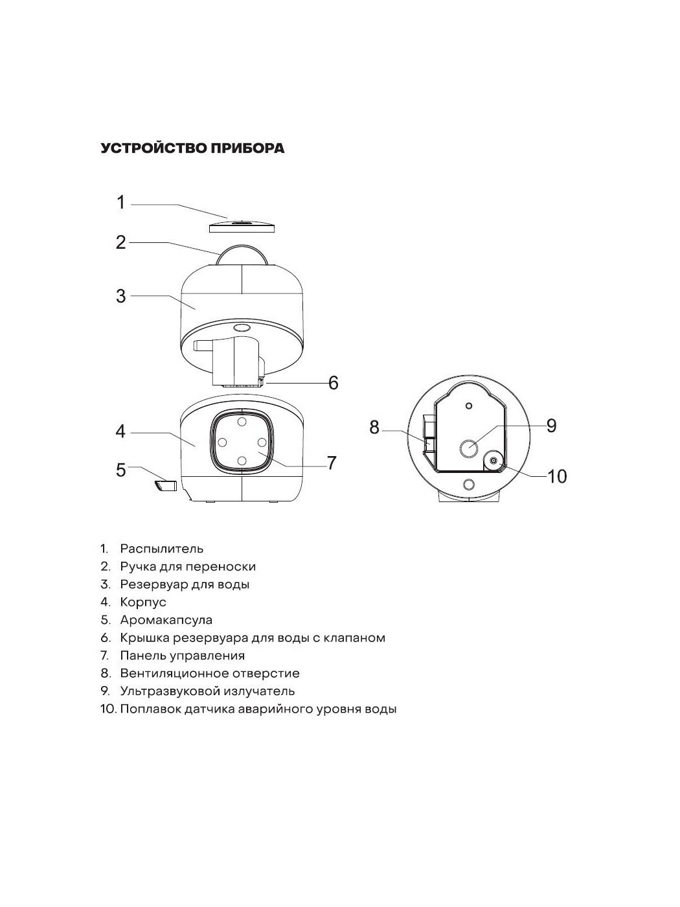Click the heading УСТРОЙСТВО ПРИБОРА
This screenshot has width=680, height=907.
(192, 148)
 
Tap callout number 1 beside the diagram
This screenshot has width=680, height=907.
(120, 202)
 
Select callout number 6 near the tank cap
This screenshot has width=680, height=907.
(333, 383)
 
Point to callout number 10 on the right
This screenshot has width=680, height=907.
(557, 477)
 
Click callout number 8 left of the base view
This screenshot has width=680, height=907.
(374, 427)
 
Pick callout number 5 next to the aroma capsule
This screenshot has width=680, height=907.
(120, 470)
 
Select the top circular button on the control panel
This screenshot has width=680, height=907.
(242, 422)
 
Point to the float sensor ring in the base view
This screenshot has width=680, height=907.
(493, 460)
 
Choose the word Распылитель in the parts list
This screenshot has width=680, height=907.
(161, 549)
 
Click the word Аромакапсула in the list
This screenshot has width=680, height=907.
(166, 620)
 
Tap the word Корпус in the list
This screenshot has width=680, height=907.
(142, 602)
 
